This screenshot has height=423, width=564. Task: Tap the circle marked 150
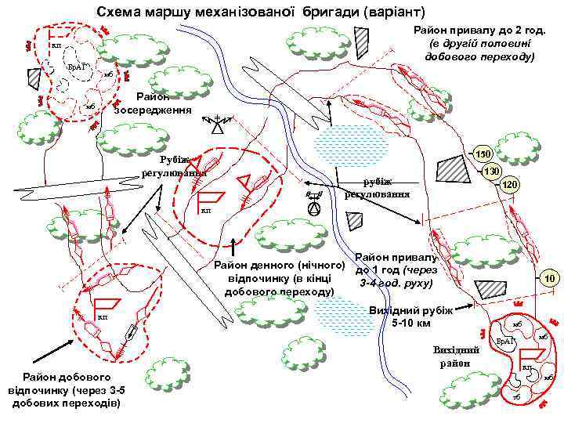(483, 154)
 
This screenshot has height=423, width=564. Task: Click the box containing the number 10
(551, 278)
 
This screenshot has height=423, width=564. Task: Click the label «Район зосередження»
(153, 103)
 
